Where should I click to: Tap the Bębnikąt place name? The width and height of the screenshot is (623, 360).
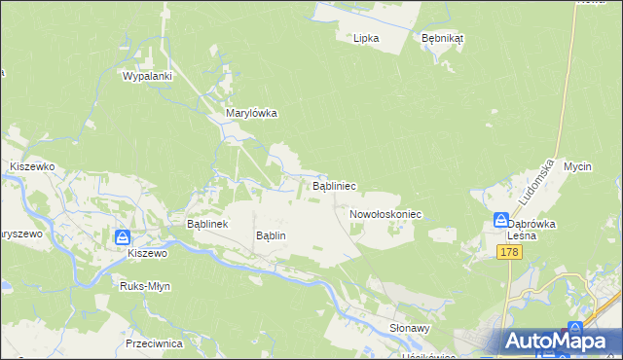coord(442,38)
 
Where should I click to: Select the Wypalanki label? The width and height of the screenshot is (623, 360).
coord(147,76)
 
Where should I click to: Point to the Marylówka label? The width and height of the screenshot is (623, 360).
coord(251,113)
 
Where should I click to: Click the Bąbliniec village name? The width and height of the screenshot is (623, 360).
coord(333,185)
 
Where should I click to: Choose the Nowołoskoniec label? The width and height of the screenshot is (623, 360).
coord(384,213)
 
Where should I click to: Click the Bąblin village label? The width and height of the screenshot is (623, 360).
coord(270,235)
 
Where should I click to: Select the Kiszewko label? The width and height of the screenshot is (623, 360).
coord(31,167)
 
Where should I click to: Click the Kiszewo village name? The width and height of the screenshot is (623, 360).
coord(148,253)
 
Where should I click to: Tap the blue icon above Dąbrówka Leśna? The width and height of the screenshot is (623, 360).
coord(501,220)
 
